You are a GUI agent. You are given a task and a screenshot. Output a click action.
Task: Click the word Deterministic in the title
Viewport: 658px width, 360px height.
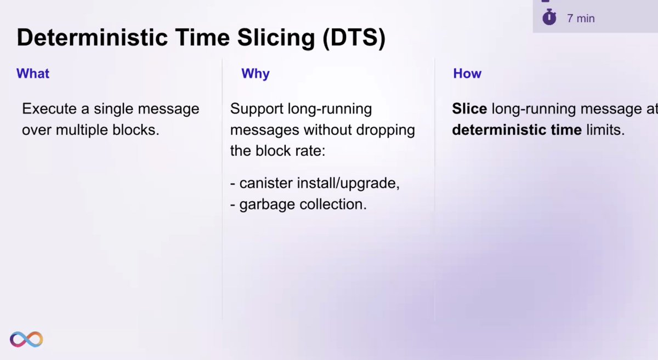pyautogui.click(x=92, y=38)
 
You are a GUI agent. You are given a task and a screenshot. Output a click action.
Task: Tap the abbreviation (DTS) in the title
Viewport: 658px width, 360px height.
pyautogui.click(x=354, y=38)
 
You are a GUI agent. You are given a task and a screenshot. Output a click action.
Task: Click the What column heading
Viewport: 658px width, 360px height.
pyautogui.click(x=33, y=73)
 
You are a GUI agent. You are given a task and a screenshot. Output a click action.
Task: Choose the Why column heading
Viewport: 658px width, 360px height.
pyautogui.click(x=256, y=74)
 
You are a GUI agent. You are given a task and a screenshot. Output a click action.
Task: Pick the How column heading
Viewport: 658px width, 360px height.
pyautogui.click(x=467, y=73)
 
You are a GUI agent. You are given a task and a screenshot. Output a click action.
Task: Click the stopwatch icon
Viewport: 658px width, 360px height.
pyautogui.click(x=549, y=17)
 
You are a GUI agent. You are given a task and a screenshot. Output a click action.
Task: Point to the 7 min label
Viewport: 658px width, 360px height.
pyautogui.click(x=581, y=19)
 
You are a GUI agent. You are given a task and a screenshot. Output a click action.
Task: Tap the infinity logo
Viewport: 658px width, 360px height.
pyautogui.click(x=26, y=339)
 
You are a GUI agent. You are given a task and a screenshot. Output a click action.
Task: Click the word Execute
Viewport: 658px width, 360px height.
pyautogui.click(x=49, y=108)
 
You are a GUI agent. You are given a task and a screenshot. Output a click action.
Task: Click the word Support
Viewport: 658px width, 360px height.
pyautogui.click(x=257, y=109)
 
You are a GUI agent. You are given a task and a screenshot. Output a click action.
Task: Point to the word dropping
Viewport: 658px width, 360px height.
pyautogui.click(x=385, y=130)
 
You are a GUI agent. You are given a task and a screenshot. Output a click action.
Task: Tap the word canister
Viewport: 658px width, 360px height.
pyautogui.click(x=266, y=183)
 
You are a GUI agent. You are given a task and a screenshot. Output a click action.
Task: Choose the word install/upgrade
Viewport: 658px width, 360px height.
pyautogui.click(x=348, y=184)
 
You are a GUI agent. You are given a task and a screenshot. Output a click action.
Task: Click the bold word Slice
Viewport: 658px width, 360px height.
pyautogui.click(x=469, y=108)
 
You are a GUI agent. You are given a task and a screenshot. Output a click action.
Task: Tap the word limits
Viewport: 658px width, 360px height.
pyautogui.click(x=605, y=130)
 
